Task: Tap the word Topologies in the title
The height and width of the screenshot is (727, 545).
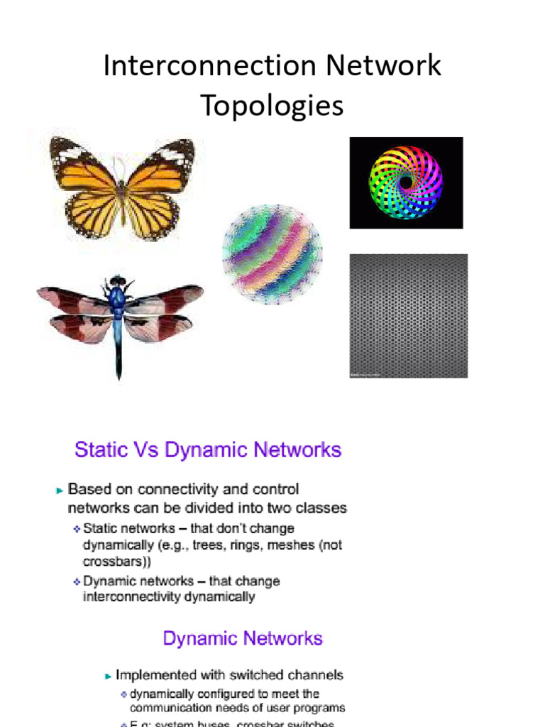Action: (272, 106)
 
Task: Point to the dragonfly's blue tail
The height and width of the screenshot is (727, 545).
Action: (118, 348)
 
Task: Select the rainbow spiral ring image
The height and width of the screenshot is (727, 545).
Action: (406, 182)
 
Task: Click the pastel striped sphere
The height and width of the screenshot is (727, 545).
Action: (272, 253)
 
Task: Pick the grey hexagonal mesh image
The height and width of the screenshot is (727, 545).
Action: (408, 315)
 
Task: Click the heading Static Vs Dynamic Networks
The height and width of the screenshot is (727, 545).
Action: (208, 450)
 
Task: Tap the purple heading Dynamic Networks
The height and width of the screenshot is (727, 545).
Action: (243, 638)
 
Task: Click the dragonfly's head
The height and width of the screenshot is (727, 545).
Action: (117, 282)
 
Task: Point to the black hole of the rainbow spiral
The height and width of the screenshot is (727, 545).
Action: (406, 182)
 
